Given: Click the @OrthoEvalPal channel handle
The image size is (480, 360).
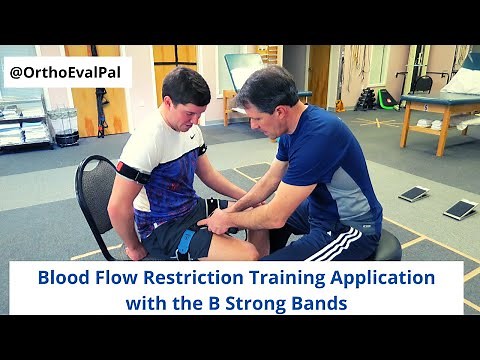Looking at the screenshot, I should (x=67, y=72).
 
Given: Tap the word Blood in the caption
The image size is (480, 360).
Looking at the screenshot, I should (x=63, y=277).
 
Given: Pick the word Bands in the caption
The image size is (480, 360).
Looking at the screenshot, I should (x=322, y=302).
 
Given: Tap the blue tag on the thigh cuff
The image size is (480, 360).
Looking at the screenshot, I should (x=185, y=243).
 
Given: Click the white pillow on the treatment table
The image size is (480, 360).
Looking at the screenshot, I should (x=462, y=82).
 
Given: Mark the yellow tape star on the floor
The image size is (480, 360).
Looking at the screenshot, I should (x=376, y=122).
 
